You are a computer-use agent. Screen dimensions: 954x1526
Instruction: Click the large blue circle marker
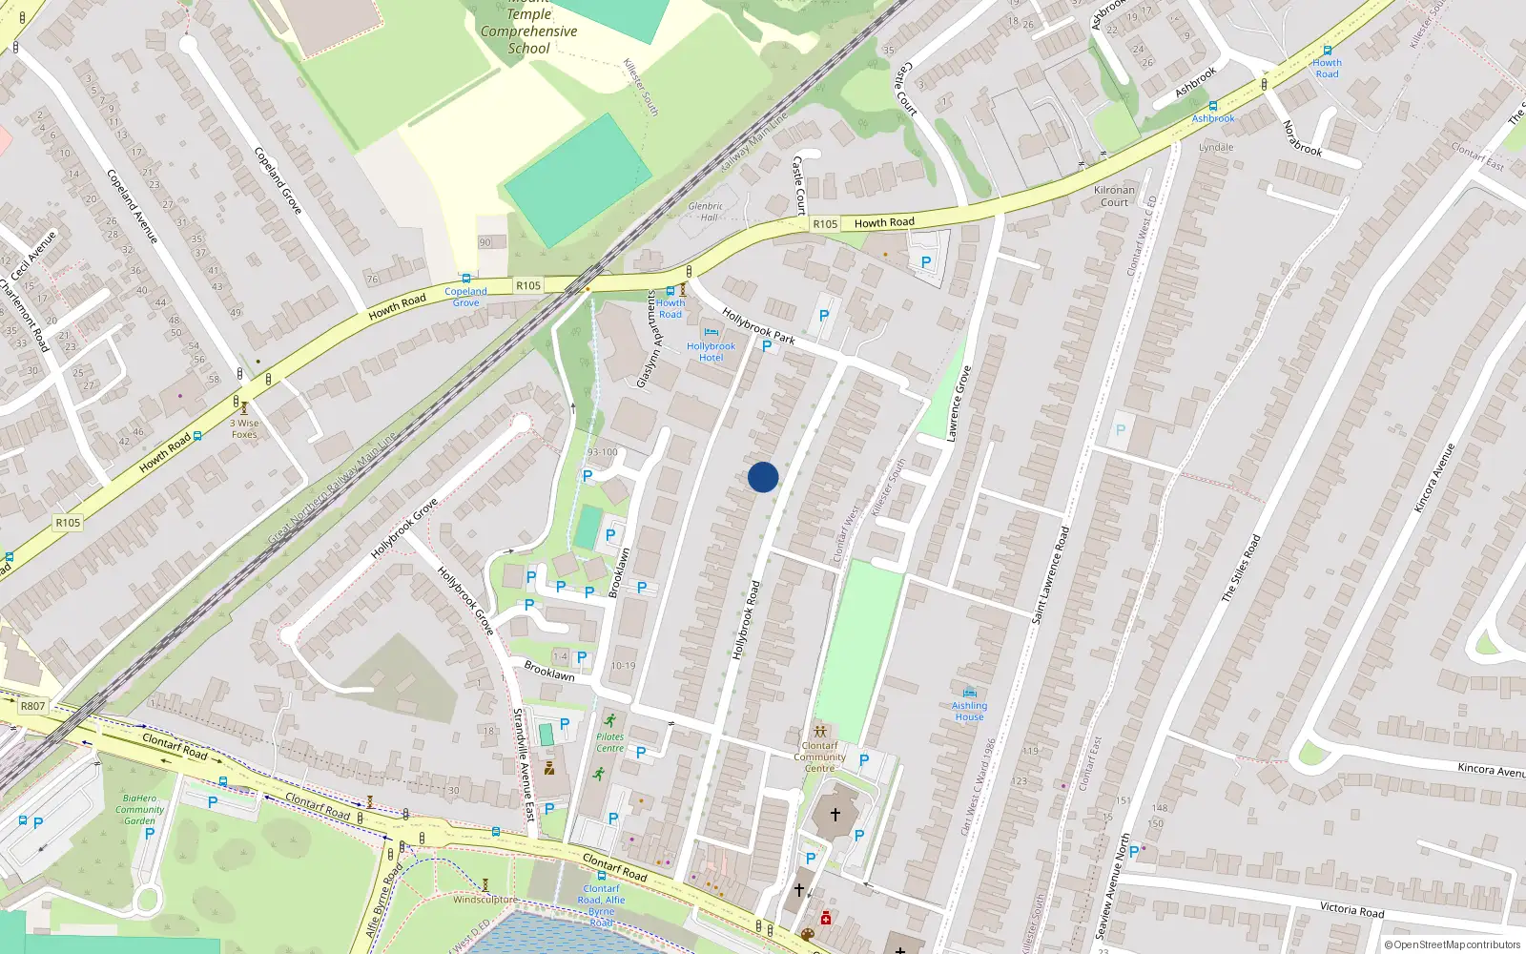[x=763, y=477]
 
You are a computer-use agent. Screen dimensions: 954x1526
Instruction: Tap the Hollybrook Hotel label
[x=711, y=352]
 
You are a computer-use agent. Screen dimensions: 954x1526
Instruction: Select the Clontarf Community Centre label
[x=819, y=757]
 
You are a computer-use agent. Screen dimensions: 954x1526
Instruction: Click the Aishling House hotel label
[x=969, y=711]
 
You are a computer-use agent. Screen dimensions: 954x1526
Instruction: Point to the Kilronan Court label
[x=1114, y=196]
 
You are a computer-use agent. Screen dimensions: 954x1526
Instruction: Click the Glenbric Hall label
[x=706, y=211]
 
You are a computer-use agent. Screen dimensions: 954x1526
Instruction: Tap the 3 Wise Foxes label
[x=244, y=428]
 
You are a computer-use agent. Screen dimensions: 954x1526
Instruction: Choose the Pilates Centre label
[x=609, y=742]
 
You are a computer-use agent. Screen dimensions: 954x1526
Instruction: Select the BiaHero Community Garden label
[x=140, y=809]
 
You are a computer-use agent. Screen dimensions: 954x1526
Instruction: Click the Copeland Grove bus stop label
[x=465, y=297]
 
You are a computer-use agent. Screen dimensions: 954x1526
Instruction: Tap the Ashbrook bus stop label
[x=1213, y=118]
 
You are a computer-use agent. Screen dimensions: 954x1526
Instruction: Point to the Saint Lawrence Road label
[x=1052, y=575]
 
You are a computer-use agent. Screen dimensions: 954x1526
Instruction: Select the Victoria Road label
[x=1351, y=909]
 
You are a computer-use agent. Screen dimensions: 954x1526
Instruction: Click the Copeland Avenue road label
[x=132, y=206]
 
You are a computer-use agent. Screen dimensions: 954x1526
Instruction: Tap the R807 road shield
[x=32, y=706]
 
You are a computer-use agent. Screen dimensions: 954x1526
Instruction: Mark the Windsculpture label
[x=485, y=900]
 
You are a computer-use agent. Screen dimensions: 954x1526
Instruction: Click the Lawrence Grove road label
[x=959, y=403]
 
